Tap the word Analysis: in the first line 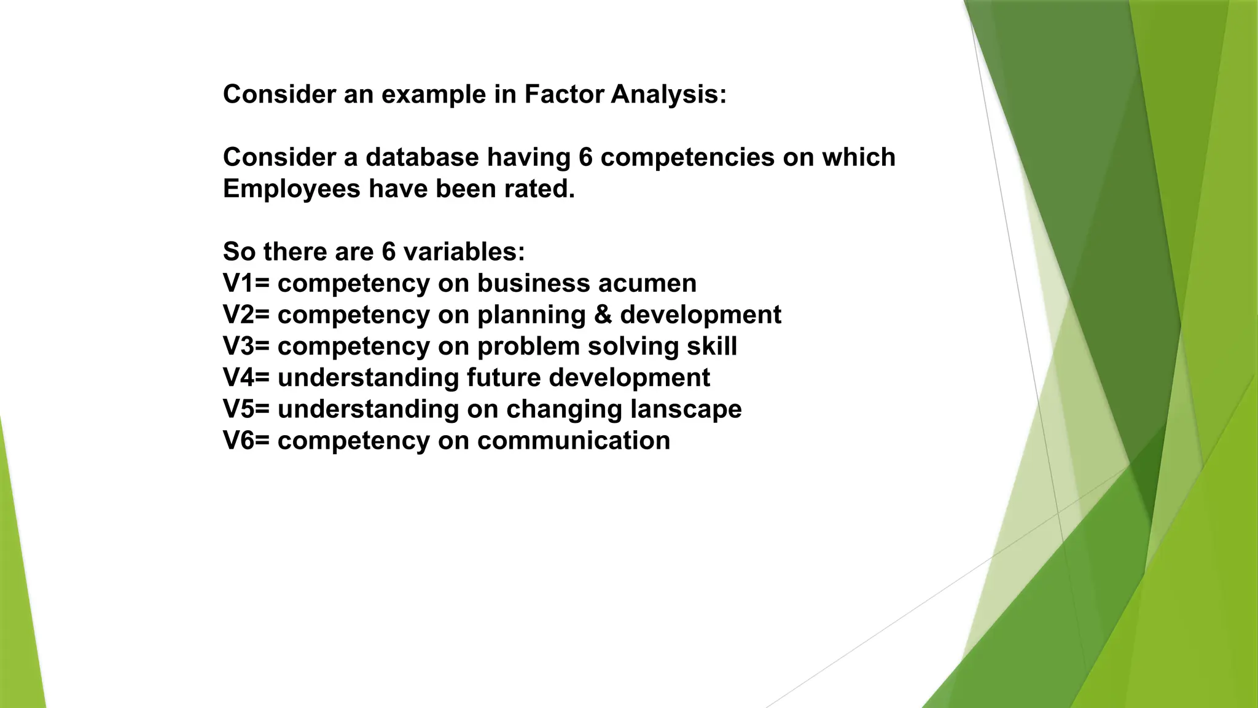pos(668,95)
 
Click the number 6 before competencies pos(585,157)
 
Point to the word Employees pos(291,189)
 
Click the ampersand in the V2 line pos(603,315)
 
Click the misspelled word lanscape pos(686,409)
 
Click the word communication pos(574,441)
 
